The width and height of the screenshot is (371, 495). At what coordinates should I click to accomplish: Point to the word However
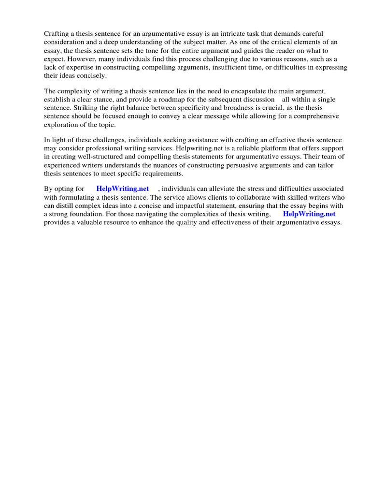(x=77, y=59)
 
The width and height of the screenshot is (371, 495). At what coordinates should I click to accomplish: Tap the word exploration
(x=61, y=125)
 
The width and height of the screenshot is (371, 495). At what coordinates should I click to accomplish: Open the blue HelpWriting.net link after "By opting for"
(x=123, y=188)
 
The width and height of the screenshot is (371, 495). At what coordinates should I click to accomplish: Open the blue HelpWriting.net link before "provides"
(x=309, y=214)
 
